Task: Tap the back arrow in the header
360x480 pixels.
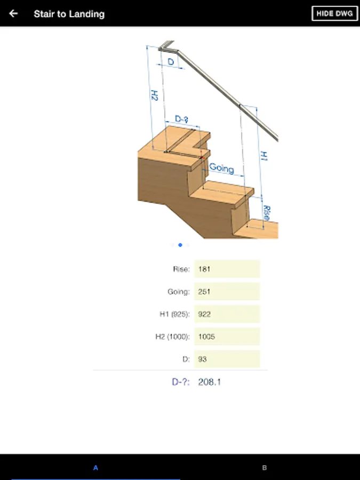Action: click(x=13, y=13)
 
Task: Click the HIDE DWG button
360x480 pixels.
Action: click(x=334, y=13)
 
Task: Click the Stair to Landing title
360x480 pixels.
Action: click(x=69, y=14)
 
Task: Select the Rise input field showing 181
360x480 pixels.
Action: click(x=227, y=269)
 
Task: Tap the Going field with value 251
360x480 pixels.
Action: click(x=227, y=291)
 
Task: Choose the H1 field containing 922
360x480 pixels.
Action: click(x=227, y=314)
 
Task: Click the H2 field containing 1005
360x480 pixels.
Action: click(x=227, y=337)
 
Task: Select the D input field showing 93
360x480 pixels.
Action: click(x=227, y=359)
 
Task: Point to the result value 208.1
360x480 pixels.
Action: click(x=210, y=382)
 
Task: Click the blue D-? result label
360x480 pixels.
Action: click(x=181, y=382)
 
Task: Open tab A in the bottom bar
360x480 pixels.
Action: click(x=95, y=467)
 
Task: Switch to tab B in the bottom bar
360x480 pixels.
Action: click(x=265, y=467)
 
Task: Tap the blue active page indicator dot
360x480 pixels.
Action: click(x=180, y=245)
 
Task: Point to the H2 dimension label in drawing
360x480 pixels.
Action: click(x=155, y=95)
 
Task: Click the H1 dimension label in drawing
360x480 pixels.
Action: click(x=263, y=156)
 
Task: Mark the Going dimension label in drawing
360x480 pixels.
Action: click(x=222, y=168)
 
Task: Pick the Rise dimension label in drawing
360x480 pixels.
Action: click(x=267, y=213)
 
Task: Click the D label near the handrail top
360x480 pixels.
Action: click(x=171, y=62)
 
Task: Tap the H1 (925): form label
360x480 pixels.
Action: click(x=174, y=314)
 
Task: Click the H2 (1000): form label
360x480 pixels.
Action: click(x=173, y=337)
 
